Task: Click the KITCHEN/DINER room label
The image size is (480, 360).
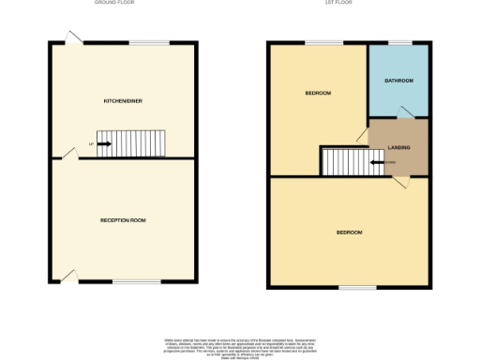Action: point(123,99)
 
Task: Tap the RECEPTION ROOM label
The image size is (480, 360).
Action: point(123,220)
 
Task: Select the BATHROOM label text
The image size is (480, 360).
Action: point(398,81)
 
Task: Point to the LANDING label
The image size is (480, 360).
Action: point(399,147)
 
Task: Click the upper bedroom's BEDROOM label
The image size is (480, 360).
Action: point(317,94)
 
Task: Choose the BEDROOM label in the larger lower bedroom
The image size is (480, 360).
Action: point(349,232)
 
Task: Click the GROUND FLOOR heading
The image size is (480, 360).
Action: point(114,4)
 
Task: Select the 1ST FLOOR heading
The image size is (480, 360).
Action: point(348,4)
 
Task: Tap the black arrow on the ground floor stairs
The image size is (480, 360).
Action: point(103,144)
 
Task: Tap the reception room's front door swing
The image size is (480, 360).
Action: point(67,276)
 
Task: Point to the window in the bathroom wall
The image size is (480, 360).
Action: point(400,43)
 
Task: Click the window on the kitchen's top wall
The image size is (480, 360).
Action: point(143,43)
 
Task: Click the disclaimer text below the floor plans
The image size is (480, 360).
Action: point(240,344)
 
